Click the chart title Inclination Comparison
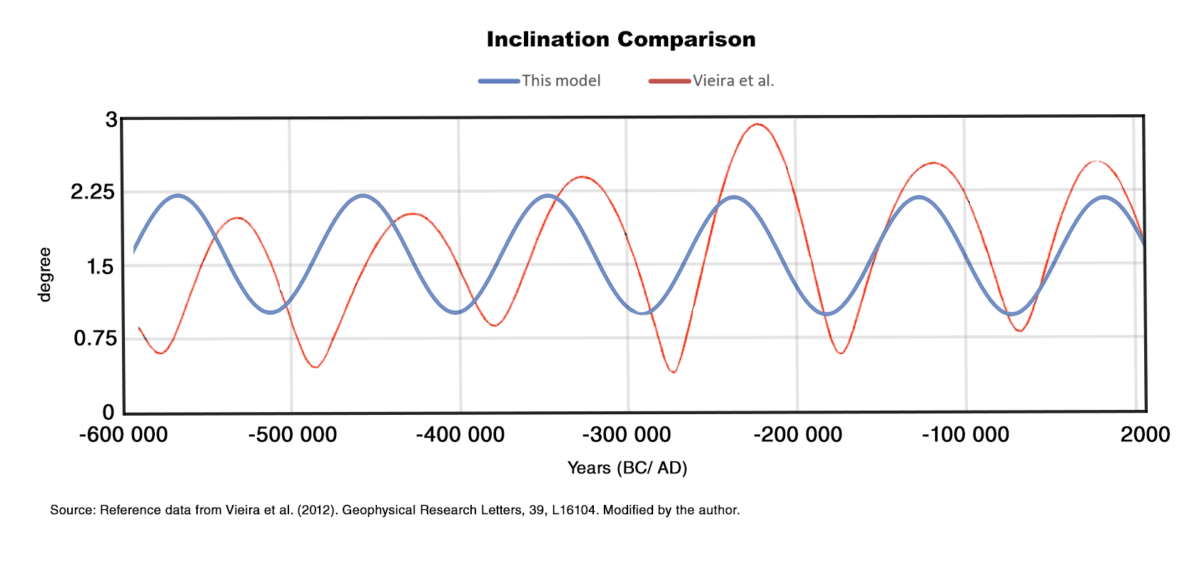tap(620, 39)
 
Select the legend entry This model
tap(560, 81)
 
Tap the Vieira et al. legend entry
tap(732, 81)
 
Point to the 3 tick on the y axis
tap(111, 119)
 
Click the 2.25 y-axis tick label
tap(92, 191)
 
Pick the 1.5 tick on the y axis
tap(100, 267)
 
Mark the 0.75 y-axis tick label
tap(95, 338)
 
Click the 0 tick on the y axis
tap(108, 412)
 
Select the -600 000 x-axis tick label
tap(123, 434)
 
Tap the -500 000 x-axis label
tap(293, 434)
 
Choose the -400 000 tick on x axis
tap(460, 434)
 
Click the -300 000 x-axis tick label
tap(627, 434)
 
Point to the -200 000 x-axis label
tap(798, 434)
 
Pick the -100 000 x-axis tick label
tap(966, 434)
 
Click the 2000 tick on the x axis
tap(1145, 434)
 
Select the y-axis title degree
tap(44, 275)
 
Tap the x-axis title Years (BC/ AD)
tap(627, 468)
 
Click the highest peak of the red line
tap(757, 124)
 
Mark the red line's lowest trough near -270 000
tap(673, 372)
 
